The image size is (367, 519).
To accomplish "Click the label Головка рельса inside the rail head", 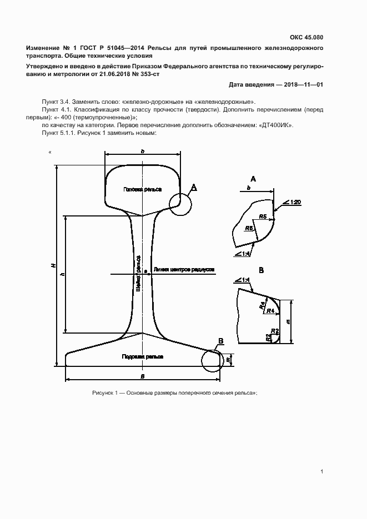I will tap(143, 189).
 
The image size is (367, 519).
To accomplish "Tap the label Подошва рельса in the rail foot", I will tap(143, 356).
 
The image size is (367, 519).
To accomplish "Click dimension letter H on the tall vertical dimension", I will tap(53, 266).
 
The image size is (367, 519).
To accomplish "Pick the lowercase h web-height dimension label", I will tap(62, 274).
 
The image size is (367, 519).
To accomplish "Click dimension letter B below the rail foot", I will tap(142, 376).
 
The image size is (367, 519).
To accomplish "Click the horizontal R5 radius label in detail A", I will tap(263, 216).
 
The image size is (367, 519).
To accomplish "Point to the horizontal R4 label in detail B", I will tap(271, 311).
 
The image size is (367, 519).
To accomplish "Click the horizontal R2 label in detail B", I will tap(273, 331).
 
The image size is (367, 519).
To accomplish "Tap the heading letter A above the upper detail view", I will tap(253, 179).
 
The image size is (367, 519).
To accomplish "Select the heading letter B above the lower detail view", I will tap(261, 270).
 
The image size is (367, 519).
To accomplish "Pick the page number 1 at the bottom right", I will tap(322, 472).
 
